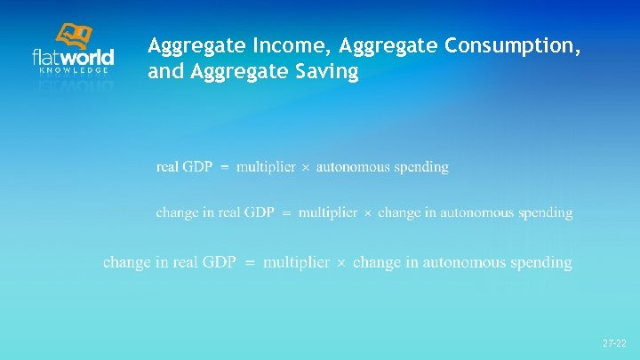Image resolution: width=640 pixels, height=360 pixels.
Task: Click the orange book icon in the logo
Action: point(74,36)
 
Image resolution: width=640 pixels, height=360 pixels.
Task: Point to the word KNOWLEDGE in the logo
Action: point(75,69)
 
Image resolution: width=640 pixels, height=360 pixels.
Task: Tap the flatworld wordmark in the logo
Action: point(73,57)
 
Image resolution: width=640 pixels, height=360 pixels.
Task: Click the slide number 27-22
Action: point(613,342)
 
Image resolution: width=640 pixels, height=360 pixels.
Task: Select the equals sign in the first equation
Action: point(224,167)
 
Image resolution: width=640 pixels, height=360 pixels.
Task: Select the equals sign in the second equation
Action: point(286,213)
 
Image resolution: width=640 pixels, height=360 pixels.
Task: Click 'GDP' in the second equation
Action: point(259,212)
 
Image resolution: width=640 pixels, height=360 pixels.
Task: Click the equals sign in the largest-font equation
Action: point(249,263)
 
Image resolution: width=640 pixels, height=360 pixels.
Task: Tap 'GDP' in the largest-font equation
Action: point(218,262)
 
